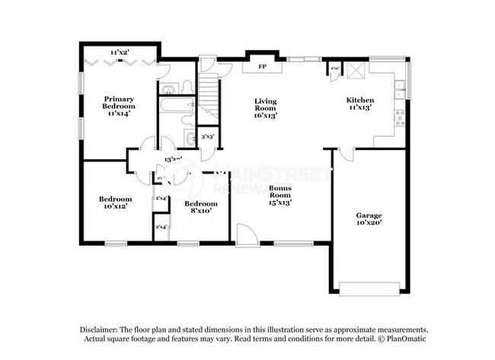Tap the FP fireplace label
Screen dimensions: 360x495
pyautogui.click(x=262, y=67)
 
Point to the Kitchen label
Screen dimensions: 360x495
pyautogui.click(x=359, y=104)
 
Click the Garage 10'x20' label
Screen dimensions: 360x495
pyautogui.click(x=369, y=219)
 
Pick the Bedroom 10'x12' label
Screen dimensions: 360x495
pyautogui.click(x=115, y=203)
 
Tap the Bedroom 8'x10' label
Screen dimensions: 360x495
pyautogui.click(x=202, y=207)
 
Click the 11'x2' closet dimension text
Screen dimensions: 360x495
pyautogui.click(x=119, y=52)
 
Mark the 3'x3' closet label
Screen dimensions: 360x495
pyautogui.click(x=206, y=137)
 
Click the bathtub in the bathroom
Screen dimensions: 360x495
pyautogui.click(x=176, y=105)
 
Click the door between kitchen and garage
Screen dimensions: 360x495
pyautogui.click(x=345, y=155)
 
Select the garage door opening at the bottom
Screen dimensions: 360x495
pyautogui.click(x=369, y=288)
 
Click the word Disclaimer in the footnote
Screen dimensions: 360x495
pyautogui.click(x=104, y=328)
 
